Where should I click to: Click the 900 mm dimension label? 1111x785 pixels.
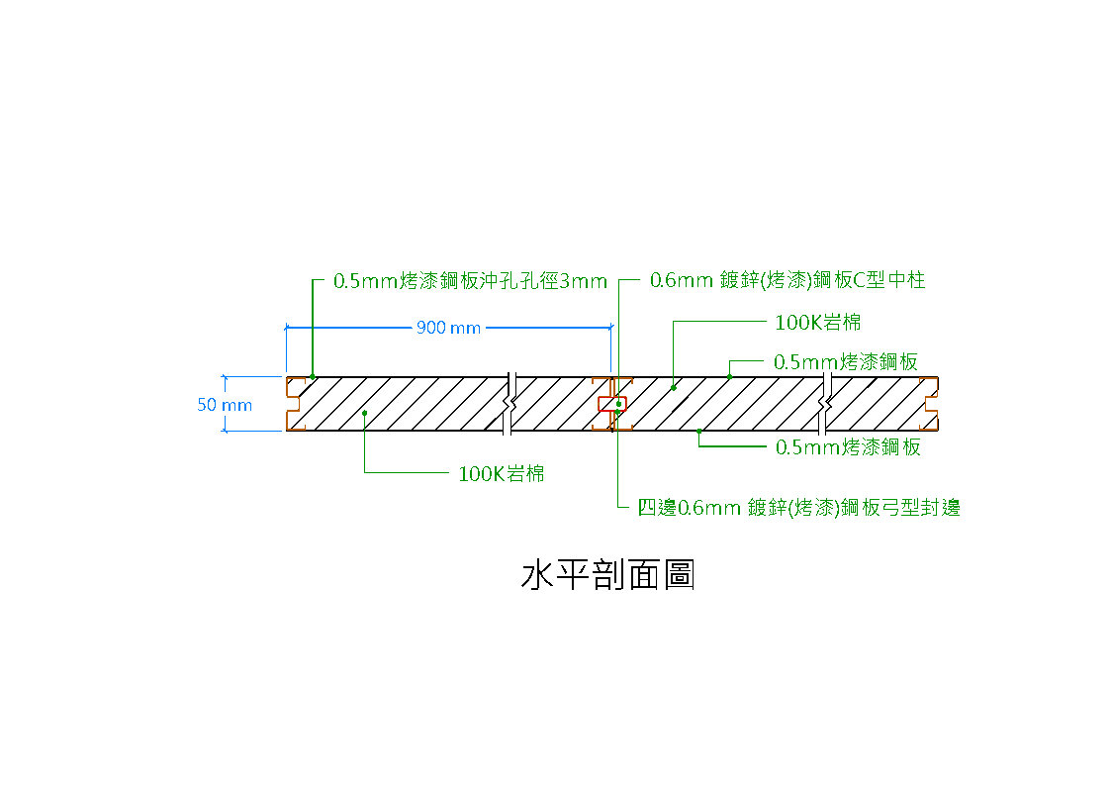449,327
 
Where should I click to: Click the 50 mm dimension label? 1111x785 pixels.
225,404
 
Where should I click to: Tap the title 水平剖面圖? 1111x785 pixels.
607,575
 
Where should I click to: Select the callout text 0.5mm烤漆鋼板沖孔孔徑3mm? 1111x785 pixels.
470,281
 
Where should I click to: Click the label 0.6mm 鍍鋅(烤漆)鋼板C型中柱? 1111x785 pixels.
787,280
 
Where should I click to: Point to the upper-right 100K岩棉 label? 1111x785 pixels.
818,322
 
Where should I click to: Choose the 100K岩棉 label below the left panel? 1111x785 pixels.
502,473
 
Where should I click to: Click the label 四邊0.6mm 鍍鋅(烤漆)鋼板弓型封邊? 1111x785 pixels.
799,508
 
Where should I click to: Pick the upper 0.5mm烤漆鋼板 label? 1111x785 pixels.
846,362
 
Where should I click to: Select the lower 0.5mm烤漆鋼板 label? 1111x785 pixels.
848,446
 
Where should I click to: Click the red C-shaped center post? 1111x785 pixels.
612,404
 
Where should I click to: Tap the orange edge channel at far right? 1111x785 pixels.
930,404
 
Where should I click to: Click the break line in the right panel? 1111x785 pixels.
824,404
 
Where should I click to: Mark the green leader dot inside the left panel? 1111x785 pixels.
365,413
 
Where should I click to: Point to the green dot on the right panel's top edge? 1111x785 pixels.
730,377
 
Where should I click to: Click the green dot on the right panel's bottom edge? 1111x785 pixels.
699,431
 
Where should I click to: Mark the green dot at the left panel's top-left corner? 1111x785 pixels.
313,377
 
